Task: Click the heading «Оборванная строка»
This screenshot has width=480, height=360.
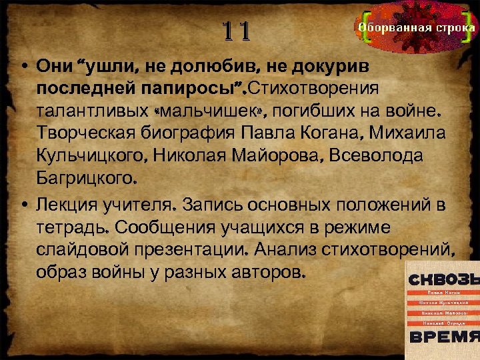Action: [417, 28]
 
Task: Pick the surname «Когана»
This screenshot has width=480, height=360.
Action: [343, 133]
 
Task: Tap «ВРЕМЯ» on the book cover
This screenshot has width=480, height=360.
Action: [443, 336]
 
